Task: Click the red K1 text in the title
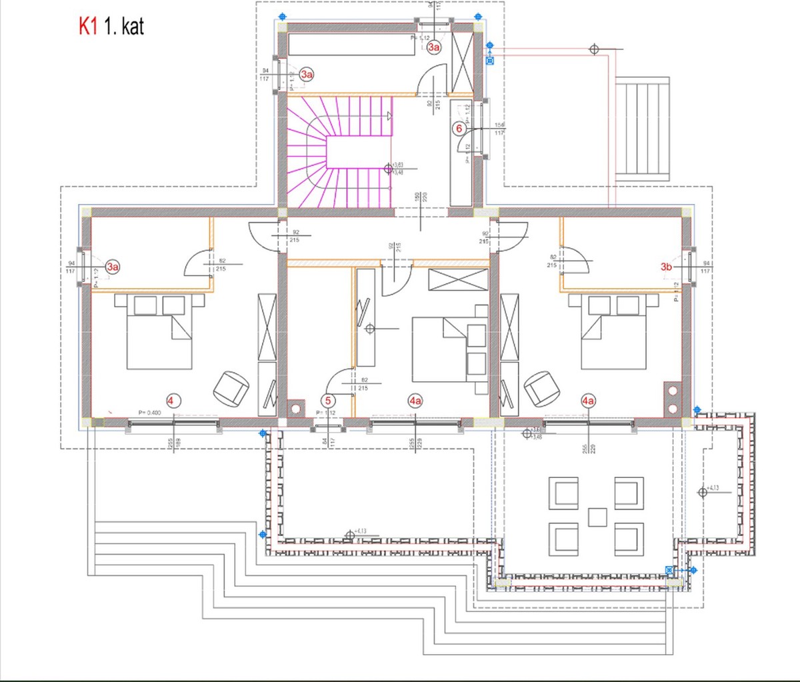[89, 27]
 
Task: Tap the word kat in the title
[129, 27]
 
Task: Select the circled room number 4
[172, 401]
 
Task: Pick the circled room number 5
[328, 401]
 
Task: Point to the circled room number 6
[459, 129]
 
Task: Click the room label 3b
[666, 267]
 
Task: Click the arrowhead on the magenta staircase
[388, 116]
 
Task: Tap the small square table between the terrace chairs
[598, 517]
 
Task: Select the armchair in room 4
[231, 387]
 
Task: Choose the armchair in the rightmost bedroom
[541, 387]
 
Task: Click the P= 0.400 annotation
[150, 413]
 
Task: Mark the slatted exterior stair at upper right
[641, 129]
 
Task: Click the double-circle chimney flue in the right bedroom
[672, 399]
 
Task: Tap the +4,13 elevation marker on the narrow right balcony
[703, 492]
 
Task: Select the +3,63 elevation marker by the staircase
[389, 169]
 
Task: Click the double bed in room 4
[159, 331]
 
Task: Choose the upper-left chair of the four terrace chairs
[563, 493]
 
